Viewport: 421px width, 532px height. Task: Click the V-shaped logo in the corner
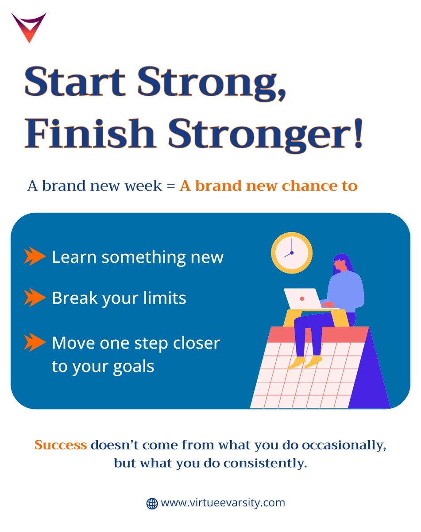(x=29, y=27)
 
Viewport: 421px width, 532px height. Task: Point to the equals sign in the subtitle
(x=171, y=186)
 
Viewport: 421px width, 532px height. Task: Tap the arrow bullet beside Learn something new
(x=35, y=256)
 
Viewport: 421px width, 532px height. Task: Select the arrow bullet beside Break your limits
(x=35, y=297)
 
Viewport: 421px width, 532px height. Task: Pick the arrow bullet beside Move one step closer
(x=35, y=342)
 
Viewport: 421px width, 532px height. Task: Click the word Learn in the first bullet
(x=74, y=257)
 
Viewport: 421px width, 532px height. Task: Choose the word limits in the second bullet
(x=163, y=298)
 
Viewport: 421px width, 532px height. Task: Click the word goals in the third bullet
(x=135, y=367)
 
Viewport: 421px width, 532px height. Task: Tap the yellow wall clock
(x=292, y=253)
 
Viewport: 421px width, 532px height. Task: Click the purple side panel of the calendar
(x=370, y=381)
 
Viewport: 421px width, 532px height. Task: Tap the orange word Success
(x=61, y=445)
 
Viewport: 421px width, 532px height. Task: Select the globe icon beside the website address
(x=152, y=504)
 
